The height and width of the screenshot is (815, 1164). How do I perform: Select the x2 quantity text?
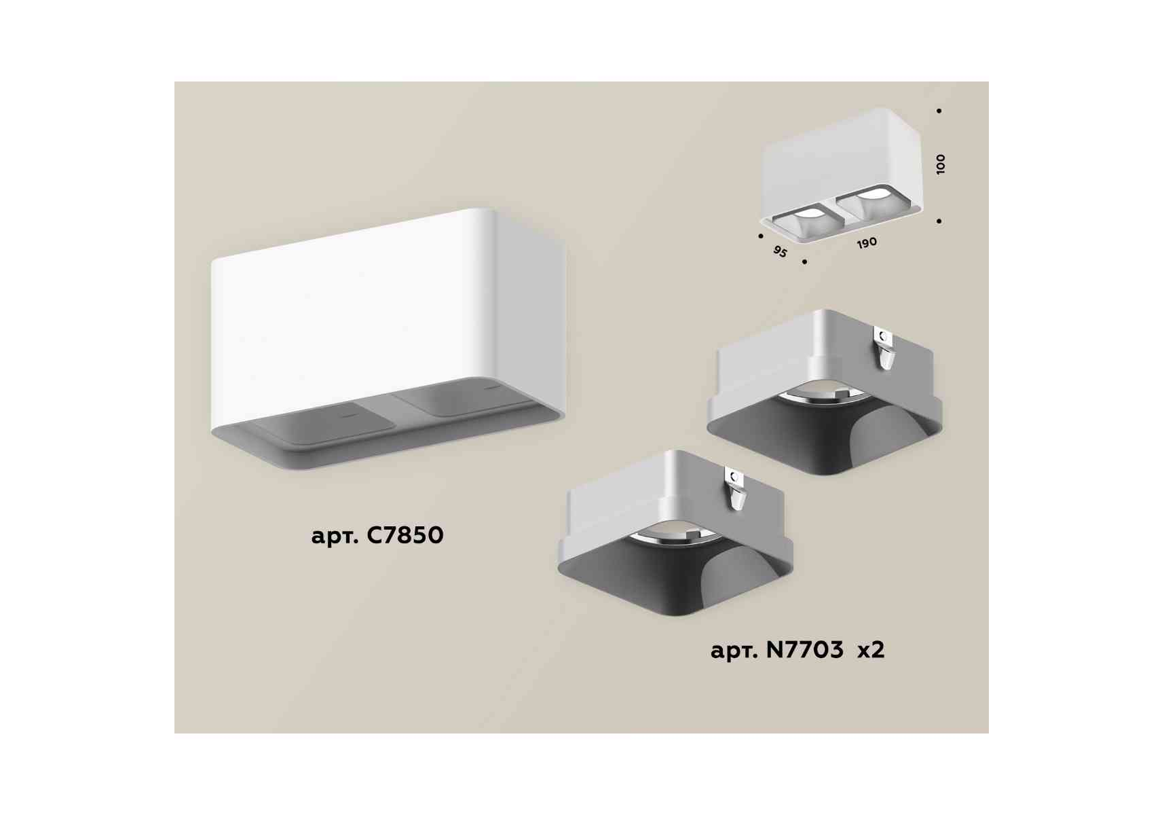click(x=871, y=651)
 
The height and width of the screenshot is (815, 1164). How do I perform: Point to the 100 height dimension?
click(x=940, y=164)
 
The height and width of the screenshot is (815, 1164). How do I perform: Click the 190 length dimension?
click(x=867, y=243)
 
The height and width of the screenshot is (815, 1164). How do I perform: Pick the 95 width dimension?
click(x=781, y=251)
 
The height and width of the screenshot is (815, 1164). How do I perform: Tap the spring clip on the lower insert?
click(x=735, y=489)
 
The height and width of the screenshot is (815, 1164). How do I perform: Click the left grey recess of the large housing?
click(x=324, y=426)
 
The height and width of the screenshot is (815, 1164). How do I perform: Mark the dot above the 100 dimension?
click(x=939, y=111)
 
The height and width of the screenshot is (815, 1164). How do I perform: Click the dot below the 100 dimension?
click(x=939, y=221)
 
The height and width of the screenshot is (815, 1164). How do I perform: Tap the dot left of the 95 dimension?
click(x=760, y=236)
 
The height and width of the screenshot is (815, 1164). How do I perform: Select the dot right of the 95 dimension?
click(x=804, y=261)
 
